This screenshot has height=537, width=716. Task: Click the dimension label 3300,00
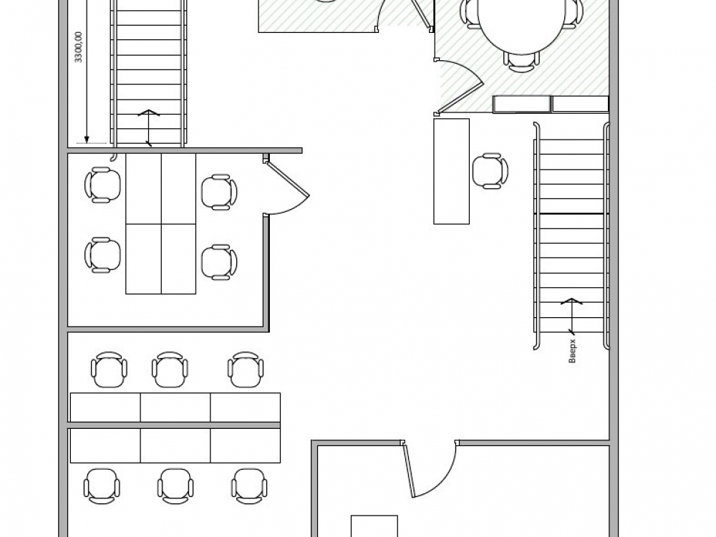(x=78, y=47)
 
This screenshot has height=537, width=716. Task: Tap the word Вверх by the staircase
(x=573, y=351)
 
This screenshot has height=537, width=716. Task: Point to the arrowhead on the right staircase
(x=571, y=301)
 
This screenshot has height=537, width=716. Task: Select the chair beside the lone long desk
(x=490, y=171)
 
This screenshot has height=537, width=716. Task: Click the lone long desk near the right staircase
(x=452, y=171)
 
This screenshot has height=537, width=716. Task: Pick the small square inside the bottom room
(x=374, y=526)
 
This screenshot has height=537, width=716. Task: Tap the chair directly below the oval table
(x=521, y=62)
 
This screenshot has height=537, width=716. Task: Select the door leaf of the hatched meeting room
(x=460, y=87)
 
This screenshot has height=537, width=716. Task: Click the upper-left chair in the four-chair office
(x=102, y=185)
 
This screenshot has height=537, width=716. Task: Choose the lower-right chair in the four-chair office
(x=219, y=262)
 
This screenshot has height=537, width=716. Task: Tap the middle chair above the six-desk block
(x=170, y=370)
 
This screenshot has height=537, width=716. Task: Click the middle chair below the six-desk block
(x=175, y=486)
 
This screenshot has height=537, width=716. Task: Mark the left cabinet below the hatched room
(x=521, y=104)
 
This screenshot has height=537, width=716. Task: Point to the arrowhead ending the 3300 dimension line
(x=87, y=140)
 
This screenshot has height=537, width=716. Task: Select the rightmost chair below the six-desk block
(x=249, y=486)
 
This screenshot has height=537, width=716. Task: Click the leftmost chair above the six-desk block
(x=109, y=370)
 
